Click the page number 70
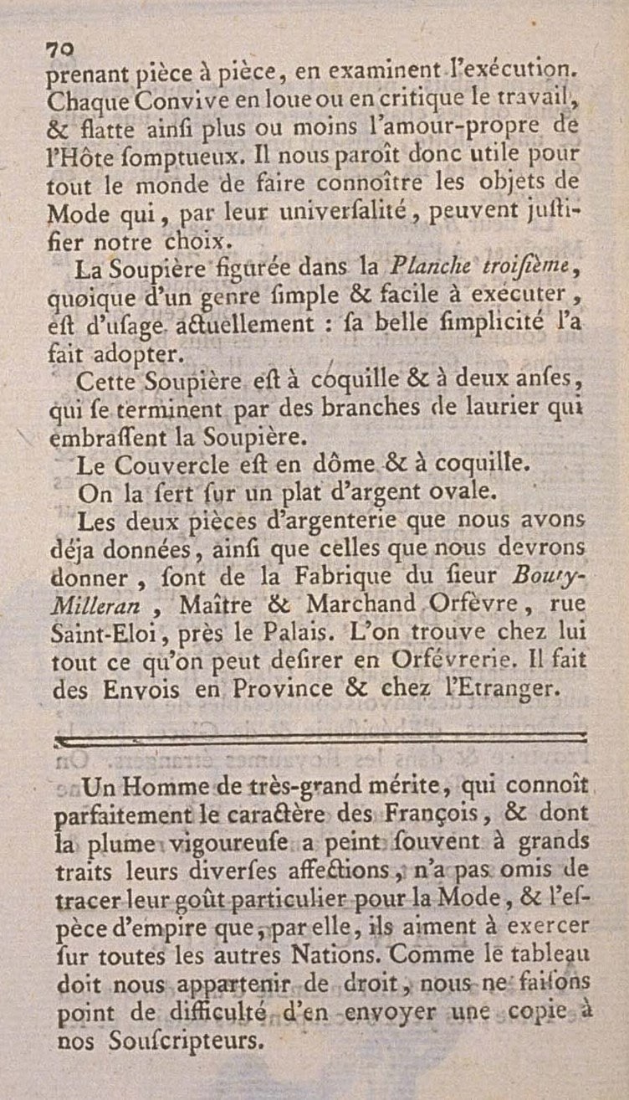point(60,49)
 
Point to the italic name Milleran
point(91,604)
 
